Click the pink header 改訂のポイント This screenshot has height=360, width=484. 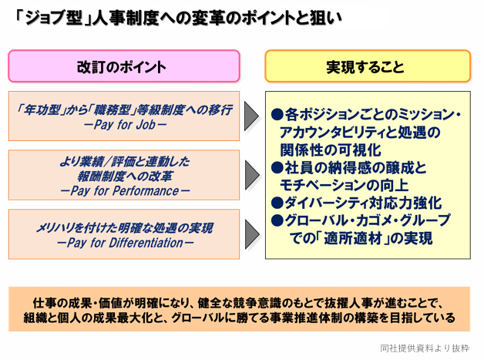click(124, 66)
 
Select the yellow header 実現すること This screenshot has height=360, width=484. click(368, 66)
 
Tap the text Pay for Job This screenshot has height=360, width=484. click(124, 125)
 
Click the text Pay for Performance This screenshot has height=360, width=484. click(125, 191)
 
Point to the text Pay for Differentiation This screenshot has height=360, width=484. click(125, 243)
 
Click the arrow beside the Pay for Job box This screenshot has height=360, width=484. click(251, 116)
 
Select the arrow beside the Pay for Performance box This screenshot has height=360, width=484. click(252, 175)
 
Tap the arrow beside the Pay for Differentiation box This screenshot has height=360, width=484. click(252, 234)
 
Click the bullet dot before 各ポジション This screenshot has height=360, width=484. click(277, 115)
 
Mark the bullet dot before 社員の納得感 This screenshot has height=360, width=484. click(277, 167)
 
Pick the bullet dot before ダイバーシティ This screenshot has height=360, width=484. click(277, 203)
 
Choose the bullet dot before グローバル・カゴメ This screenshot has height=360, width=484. click(277, 220)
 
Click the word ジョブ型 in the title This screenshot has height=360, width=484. click(53, 18)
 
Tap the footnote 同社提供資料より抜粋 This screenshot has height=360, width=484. click(425, 348)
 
